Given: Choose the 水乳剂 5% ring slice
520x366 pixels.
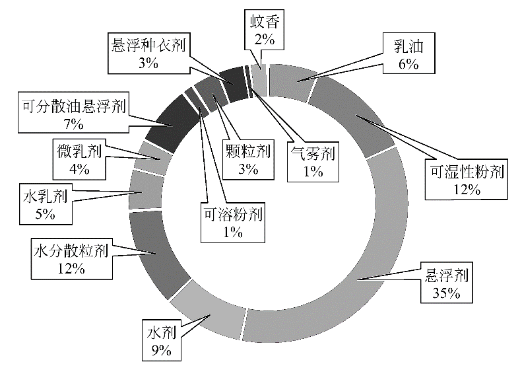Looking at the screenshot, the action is point(146,190).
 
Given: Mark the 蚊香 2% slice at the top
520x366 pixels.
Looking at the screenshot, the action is point(259,80).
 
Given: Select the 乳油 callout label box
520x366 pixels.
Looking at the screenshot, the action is point(408,53).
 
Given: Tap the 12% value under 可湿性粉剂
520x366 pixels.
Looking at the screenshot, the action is point(467,190).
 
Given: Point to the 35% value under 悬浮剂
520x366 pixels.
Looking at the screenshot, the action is point(446,293).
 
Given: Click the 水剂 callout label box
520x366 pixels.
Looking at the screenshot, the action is point(162,340).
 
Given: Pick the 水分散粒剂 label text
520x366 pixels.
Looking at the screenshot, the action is point(71,251).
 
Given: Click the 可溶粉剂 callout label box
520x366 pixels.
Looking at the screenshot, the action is point(233,222).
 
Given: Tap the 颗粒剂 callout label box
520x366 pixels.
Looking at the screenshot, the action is point(248,159).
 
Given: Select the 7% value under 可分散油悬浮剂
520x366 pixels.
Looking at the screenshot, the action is point(74,124).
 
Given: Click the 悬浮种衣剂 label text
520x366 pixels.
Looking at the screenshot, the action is point(148,45).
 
